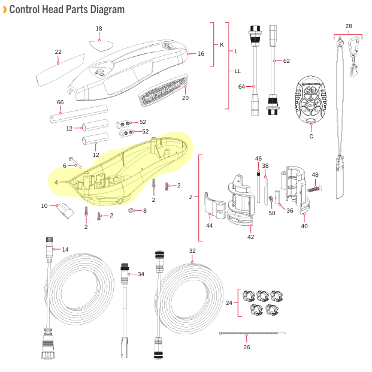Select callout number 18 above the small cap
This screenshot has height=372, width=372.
tap(99, 29)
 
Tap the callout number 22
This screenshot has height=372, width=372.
tap(58, 52)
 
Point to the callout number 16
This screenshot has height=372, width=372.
tap(201, 54)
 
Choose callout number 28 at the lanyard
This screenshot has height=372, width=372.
tap(349, 26)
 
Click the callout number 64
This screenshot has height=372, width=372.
tap(242, 87)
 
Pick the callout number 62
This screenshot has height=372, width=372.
tap(286, 61)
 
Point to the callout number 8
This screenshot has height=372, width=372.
tap(144, 211)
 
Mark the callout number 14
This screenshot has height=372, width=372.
tap(65, 249)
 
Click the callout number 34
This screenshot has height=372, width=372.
tap(141, 274)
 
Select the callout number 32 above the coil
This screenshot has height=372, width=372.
tap(192, 251)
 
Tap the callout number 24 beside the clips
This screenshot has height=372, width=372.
tap(229, 303)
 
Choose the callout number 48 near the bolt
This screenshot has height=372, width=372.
tap(315, 175)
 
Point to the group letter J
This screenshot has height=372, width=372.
tap(190, 196)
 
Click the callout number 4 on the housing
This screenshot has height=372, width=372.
tap(56, 182)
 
